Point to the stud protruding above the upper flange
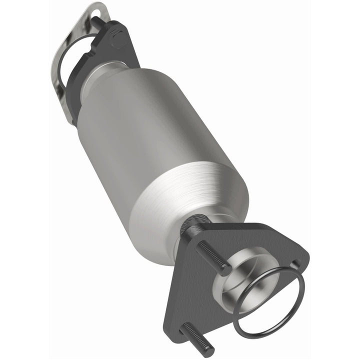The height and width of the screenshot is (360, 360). click(94, 21)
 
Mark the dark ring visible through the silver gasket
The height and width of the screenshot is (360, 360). click(65, 60)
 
